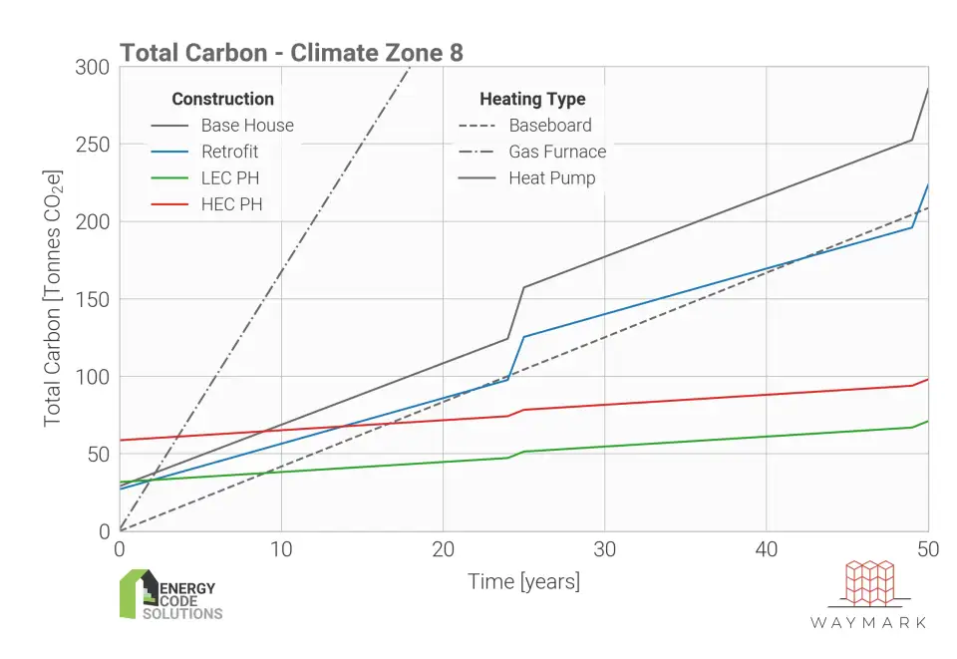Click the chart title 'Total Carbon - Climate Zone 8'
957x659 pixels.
291,53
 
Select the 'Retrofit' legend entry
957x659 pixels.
229,152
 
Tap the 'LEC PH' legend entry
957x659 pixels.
227,177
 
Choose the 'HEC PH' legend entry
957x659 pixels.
227,204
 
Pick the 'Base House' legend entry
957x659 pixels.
247,126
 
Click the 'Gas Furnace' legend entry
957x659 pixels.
557,152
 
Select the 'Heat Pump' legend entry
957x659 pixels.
551,178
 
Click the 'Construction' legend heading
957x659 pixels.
222,99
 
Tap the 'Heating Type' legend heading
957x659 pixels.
532,99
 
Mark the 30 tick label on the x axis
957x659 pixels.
604,548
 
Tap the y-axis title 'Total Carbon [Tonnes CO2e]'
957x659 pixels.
53,299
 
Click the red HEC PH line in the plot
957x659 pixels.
698,399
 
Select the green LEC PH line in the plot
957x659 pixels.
698,444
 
